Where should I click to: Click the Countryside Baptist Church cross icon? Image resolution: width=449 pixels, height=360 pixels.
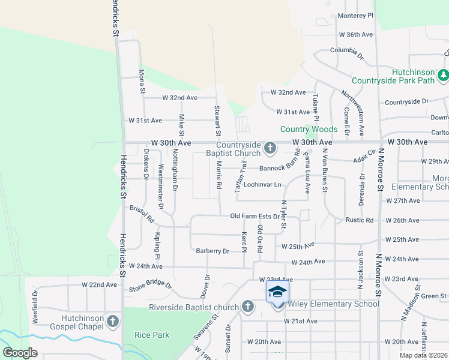coord(270,148)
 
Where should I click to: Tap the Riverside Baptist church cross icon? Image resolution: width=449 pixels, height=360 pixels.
coord(247,307)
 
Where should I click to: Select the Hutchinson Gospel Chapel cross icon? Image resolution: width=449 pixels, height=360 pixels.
coord(112,322)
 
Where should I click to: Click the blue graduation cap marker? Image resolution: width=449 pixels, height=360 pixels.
coord(277,293)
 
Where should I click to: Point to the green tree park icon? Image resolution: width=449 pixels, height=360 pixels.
coord(443,75)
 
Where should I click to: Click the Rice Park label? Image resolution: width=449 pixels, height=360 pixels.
coord(152,335)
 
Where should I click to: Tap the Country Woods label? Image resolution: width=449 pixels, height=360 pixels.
coord(309,129)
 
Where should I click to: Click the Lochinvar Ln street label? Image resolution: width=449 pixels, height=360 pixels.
coord(262,184)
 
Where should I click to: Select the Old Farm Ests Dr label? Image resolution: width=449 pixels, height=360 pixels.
coord(255,216)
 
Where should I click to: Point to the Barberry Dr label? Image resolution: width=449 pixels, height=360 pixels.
coord(212,251)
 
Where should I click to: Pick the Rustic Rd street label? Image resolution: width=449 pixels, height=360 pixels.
coord(360,220)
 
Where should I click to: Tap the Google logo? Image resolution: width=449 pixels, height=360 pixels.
coord(21,353)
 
